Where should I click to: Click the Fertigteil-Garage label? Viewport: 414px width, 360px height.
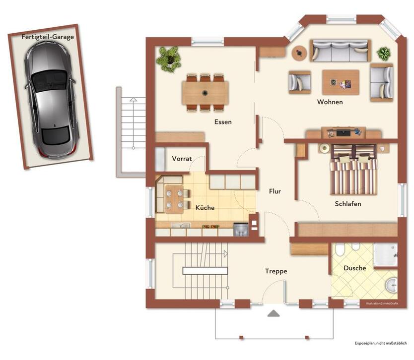[x=48, y=37]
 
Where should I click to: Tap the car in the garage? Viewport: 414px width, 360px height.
[x=51, y=100]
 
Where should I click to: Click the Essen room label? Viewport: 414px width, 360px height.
[x=223, y=122]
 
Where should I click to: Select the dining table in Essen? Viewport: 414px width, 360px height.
[x=205, y=93]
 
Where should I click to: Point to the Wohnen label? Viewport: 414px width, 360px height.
[x=330, y=102]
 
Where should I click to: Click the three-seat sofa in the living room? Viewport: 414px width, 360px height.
[x=341, y=51]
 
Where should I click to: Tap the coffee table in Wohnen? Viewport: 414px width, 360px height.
[x=341, y=82]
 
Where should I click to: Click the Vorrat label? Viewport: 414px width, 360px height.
[x=182, y=159]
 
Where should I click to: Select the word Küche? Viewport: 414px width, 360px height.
[x=205, y=208]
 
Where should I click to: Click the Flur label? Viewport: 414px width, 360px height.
[x=275, y=191]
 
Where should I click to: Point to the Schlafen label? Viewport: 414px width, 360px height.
[x=347, y=204]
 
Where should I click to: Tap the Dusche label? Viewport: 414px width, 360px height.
[x=354, y=268]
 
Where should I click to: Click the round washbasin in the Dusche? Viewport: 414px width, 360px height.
[x=391, y=286]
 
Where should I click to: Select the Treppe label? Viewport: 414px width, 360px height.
[x=276, y=271]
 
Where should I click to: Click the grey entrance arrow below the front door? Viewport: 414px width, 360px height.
[x=274, y=313]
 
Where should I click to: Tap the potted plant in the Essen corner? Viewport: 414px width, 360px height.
[x=168, y=59]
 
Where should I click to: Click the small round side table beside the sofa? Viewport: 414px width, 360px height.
[x=299, y=53]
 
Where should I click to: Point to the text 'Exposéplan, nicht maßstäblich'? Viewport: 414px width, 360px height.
[x=381, y=343]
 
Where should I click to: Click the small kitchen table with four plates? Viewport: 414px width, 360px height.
[x=174, y=199]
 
